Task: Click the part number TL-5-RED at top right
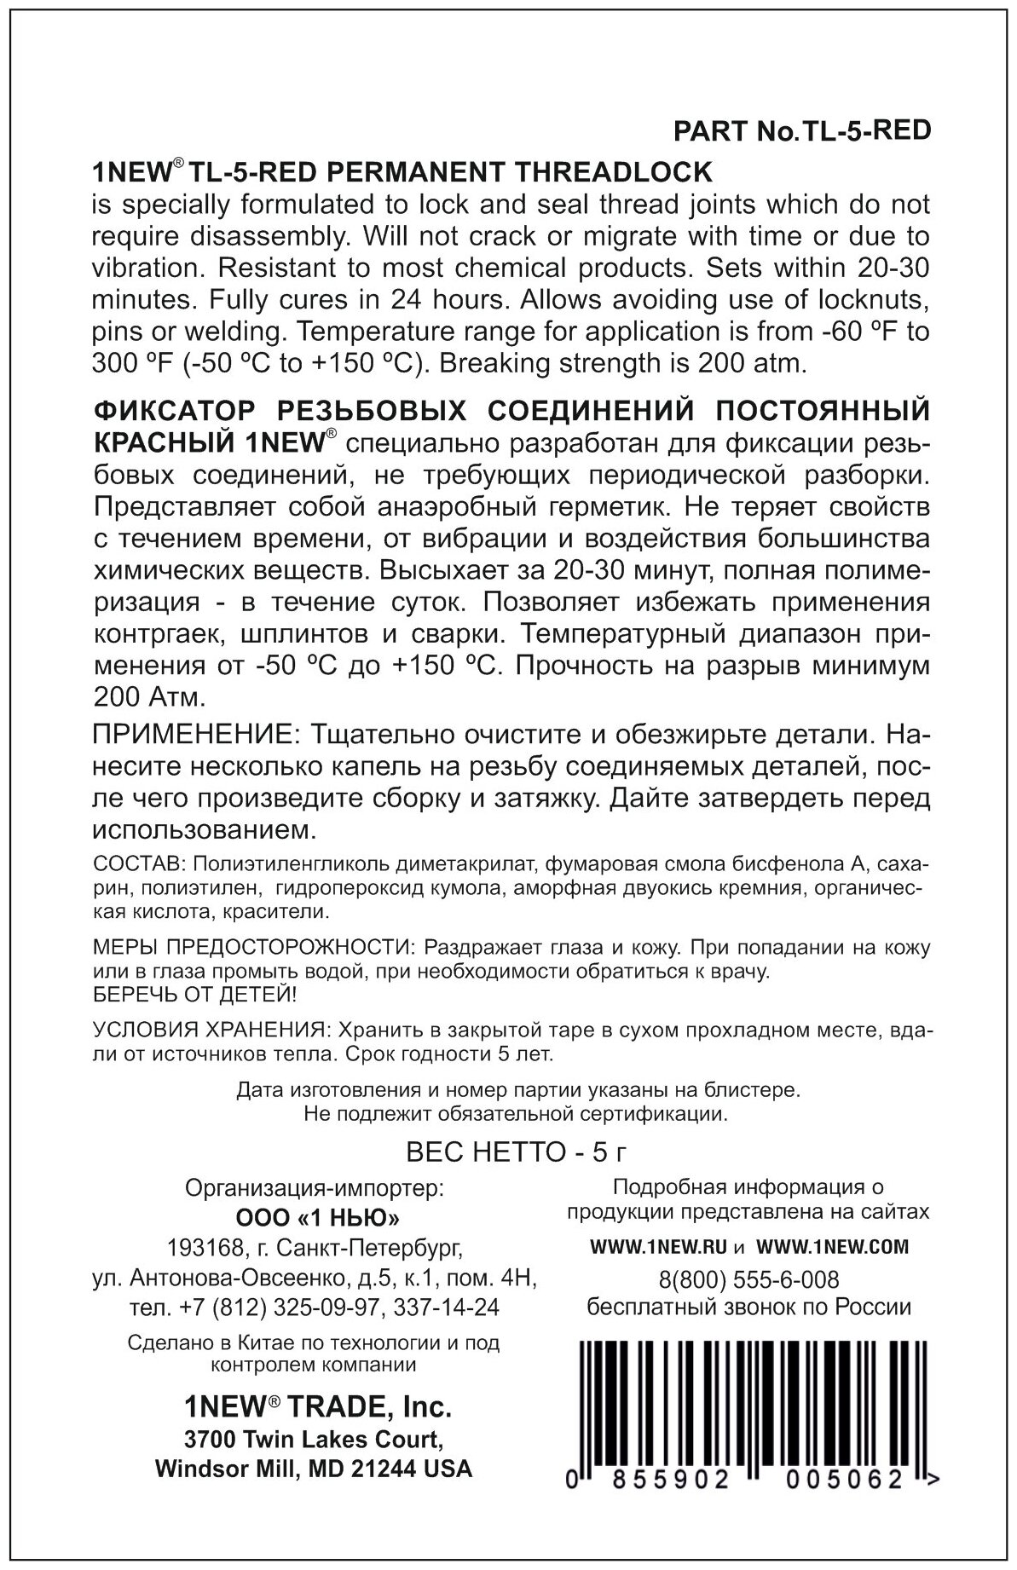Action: click(862, 132)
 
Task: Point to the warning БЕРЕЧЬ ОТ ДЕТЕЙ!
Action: click(184, 995)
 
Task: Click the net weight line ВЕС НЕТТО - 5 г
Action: click(517, 1152)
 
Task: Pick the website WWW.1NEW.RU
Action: click(658, 1247)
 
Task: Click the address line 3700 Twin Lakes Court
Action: click(314, 1440)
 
